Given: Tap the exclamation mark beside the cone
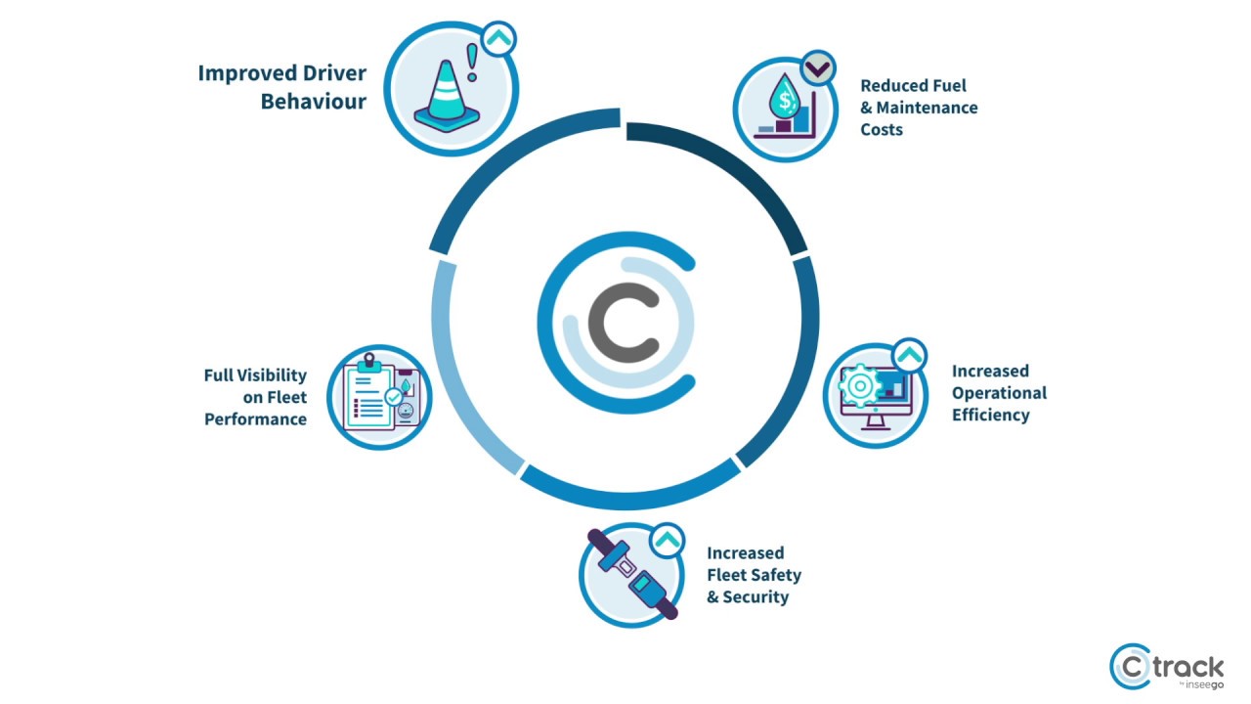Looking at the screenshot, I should (474, 64).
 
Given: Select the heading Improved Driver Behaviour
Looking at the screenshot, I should (281, 87).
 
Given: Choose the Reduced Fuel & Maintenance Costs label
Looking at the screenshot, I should (918, 108).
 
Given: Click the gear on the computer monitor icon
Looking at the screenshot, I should (859, 385).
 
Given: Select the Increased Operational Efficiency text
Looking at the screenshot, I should (998, 393).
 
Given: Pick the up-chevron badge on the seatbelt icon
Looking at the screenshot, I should (667, 539).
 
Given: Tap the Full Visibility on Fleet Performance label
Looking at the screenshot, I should (255, 397).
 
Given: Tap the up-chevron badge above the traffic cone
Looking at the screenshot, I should (498, 39).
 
